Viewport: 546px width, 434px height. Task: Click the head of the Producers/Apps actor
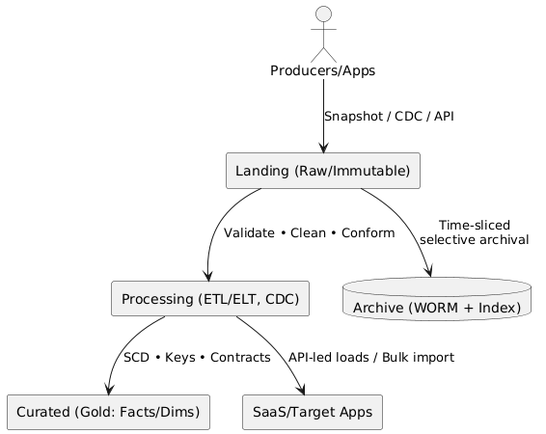click(323, 14)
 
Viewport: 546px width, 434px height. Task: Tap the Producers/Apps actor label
click(323, 70)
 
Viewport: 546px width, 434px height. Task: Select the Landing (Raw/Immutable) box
click(323, 171)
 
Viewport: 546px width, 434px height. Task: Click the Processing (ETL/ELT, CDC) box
click(210, 299)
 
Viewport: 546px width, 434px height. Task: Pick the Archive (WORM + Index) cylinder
click(437, 299)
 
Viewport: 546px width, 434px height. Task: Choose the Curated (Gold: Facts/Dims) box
click(108, 412)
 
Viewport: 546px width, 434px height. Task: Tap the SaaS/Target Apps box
click(313, 412)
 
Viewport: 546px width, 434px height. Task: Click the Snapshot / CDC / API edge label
click(389, 117)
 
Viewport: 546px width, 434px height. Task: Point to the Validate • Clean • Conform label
click(310, 232)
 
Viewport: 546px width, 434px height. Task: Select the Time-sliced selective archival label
click(475, 232)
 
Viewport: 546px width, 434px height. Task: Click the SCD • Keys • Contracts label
click(197, 358)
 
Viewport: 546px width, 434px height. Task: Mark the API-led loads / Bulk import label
click(371, 358)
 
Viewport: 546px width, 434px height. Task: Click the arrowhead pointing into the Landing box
click(323, 148)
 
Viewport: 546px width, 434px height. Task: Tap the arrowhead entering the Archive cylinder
click(429, 271)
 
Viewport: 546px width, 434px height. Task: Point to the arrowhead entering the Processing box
click(207, 275)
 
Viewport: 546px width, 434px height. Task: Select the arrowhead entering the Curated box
click(109, 389)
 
